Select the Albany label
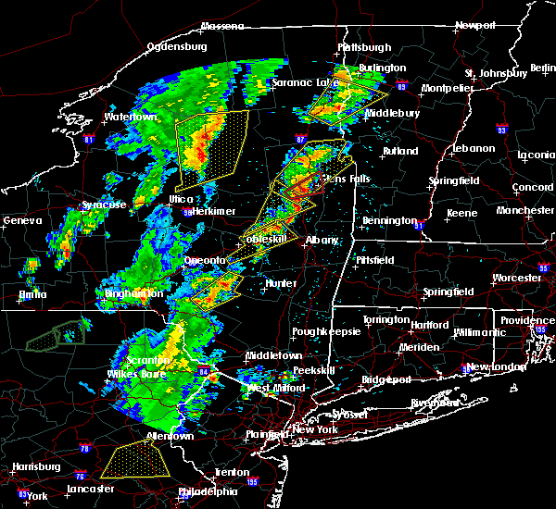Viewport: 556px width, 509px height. pos(322,240)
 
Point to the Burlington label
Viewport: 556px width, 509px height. pos(383,68)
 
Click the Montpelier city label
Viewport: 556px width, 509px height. pos(447,88)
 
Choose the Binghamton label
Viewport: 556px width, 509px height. pos(134,293)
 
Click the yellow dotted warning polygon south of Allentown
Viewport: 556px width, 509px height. pos(135,460)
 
